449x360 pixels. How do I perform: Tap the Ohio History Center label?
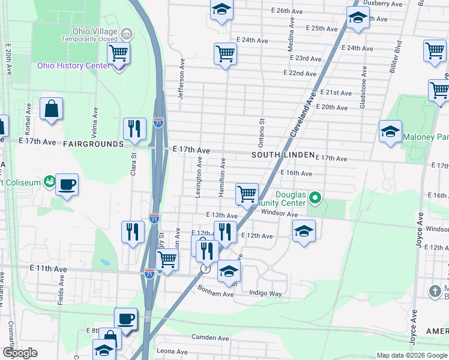(73, 65)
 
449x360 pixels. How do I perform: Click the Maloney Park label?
(426, 137)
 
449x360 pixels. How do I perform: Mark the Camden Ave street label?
(210, 338)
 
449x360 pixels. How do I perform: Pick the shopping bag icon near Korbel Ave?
(52, 109)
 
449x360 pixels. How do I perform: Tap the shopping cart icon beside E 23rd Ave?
(225, 53)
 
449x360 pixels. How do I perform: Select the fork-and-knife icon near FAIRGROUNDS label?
(134, 128)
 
